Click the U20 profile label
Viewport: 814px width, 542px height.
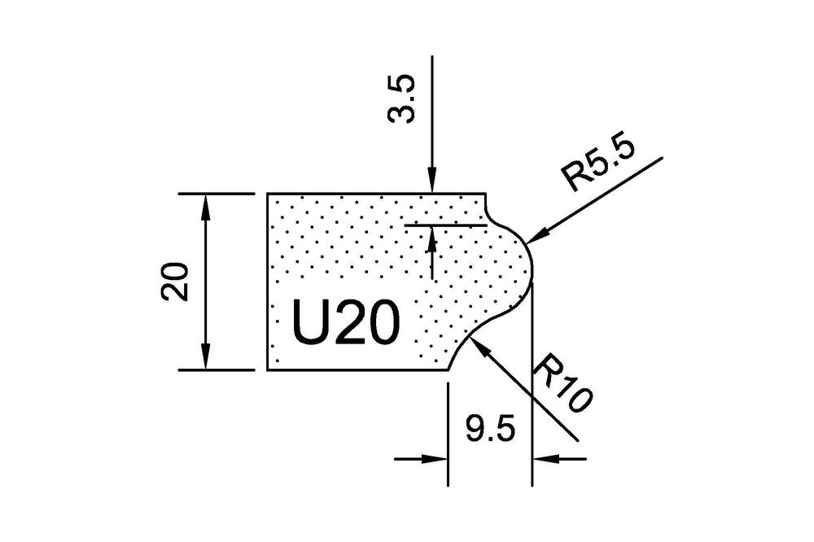click(x=347, y=324)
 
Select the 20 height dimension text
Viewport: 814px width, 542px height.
click(x=177, y=282)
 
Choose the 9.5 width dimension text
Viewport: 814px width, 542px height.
click(x=490, y=426)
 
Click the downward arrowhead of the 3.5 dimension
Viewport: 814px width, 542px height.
click(x=432, y=192)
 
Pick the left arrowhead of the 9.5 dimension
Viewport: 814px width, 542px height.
click(x=446, y=459)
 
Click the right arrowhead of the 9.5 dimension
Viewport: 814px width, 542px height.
click(x=534, y=459)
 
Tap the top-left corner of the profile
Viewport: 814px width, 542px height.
click(x=268, y=195)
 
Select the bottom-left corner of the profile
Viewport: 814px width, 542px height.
click(x=268, y=369)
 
